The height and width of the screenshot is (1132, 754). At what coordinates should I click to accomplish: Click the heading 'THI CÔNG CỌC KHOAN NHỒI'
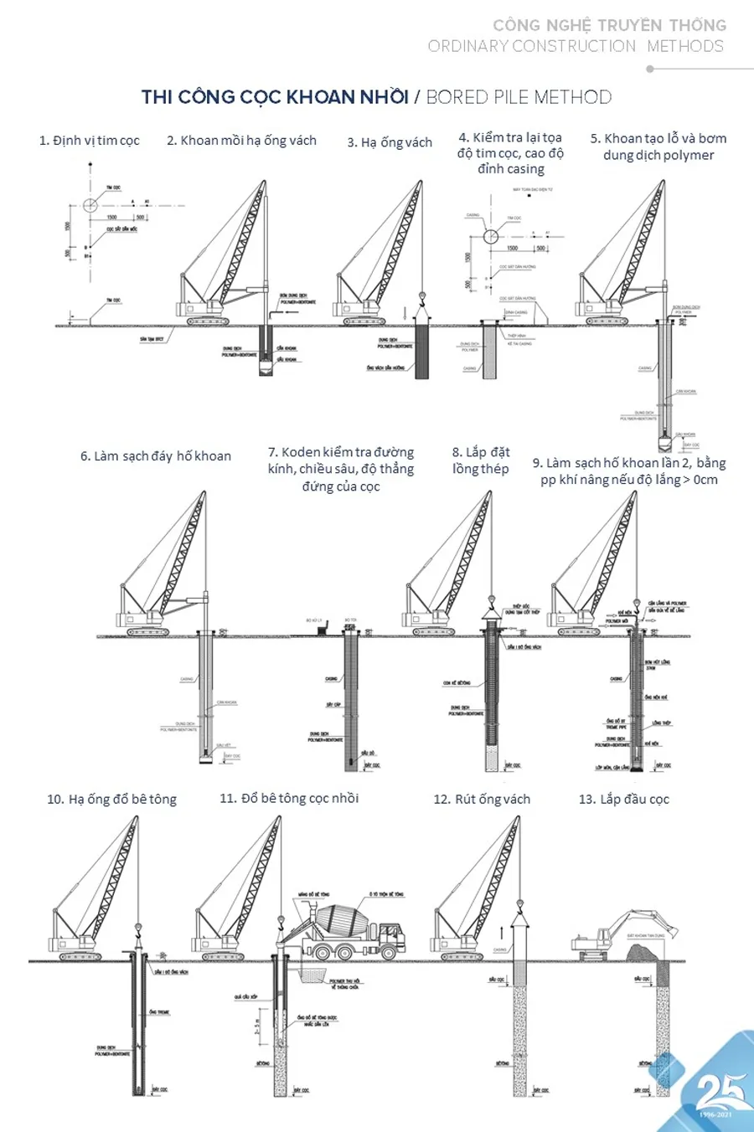pyautogui.click(x=275, y=97)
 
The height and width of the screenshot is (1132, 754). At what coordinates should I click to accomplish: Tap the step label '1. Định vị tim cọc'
pyautogui.click(x=90, y=141)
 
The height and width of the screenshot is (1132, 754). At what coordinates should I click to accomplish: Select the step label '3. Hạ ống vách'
pyautogui.click(x=390, y=142)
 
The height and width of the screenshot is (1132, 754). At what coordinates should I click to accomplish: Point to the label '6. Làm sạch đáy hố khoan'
pyautogui.click(x=156, y=456)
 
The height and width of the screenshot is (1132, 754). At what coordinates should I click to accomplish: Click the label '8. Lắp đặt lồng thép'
pyautogui.click(x=481, y=461)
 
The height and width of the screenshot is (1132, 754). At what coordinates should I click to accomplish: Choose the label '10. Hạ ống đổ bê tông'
pyautogui.click(x=112, y=799)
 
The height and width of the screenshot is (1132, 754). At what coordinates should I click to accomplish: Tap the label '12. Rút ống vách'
pyautogui.click(x=482, y=799)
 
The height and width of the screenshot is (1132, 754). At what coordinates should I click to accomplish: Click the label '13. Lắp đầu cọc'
pyautogui.click(x=624, y=799)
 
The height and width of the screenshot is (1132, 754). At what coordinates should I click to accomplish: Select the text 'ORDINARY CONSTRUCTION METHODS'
pyautogui.click(x=576, y=46)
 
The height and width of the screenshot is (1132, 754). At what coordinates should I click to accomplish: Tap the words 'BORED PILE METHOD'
pyautogui.click(x=519, y=97)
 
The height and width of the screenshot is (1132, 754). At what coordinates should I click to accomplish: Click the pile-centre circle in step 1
pyautogui.click(x=90, y=204)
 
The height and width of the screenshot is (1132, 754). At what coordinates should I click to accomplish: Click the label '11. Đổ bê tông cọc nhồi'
pyautogui.click(x=289, y=799)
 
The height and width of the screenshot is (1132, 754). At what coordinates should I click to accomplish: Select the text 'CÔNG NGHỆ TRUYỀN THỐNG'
pyautogui.click(x=609, y=25)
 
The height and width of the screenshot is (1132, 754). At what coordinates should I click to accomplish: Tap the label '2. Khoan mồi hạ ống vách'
pyautogui.click(x=241, y=141)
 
